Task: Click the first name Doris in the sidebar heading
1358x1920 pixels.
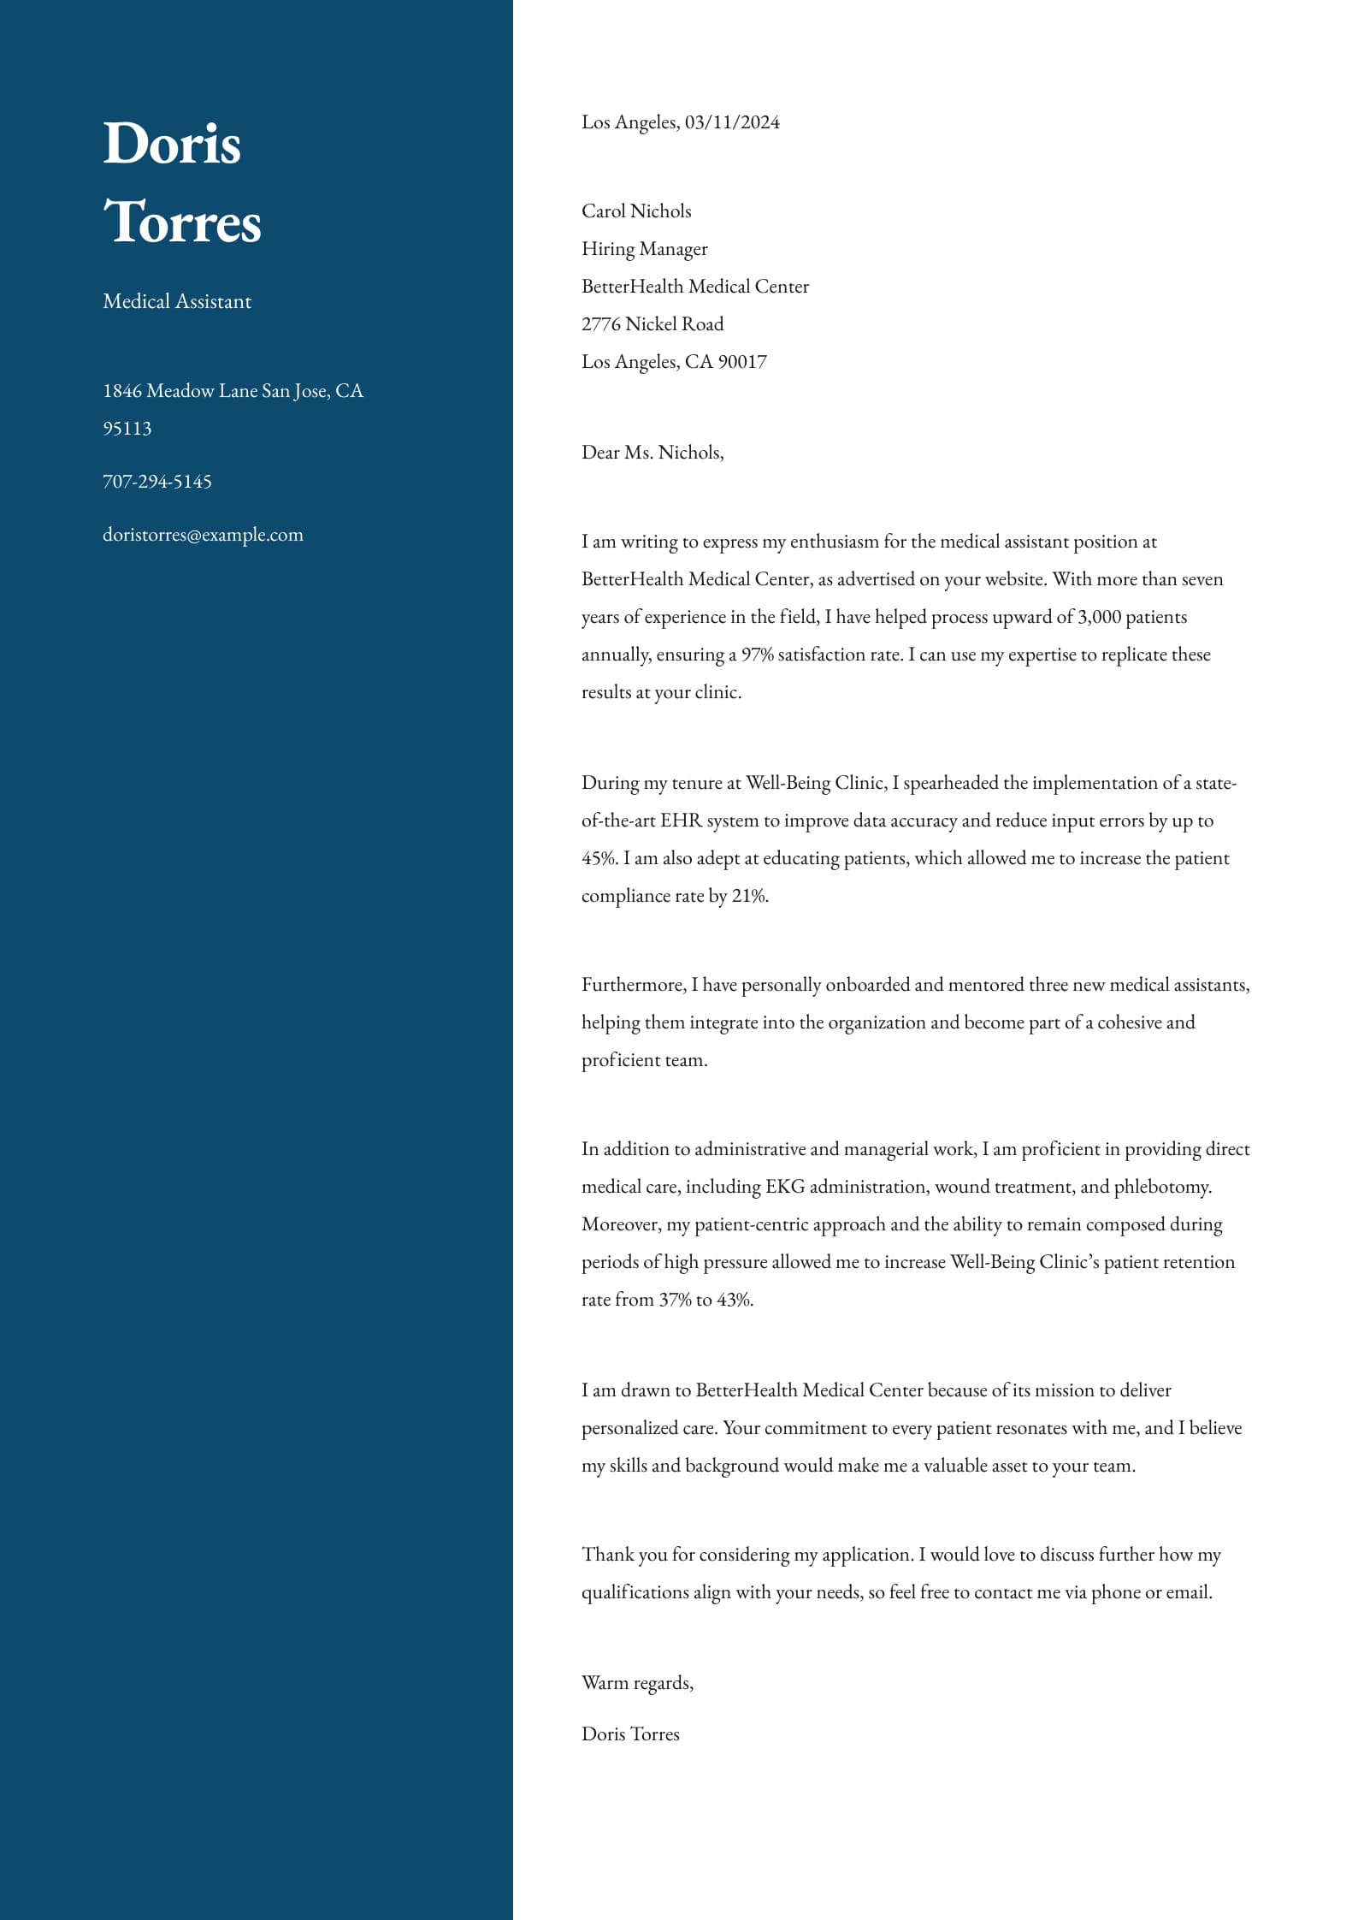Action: coord(172,143)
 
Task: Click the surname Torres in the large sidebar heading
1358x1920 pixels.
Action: coord(182,222)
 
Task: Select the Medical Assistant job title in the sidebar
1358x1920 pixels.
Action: coord(177,301)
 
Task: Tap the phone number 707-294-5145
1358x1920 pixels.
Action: coord(157,482)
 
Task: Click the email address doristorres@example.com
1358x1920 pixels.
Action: coord(203,535)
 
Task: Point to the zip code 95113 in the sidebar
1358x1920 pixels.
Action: coord(127,429)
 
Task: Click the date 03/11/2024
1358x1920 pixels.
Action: coord(732,122)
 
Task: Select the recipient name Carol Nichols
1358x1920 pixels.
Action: coord(636,211)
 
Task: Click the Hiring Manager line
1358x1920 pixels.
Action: coord(645,249)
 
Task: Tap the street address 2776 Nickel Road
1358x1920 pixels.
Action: coord(652,324)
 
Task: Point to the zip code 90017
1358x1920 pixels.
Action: coord(742,362)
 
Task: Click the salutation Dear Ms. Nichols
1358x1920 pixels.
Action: coord(652,453)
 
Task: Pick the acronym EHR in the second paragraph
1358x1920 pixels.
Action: coord(681,821)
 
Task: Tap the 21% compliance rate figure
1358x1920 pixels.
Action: coord(749,896)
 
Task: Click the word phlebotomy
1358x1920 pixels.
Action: coord(1162,1187)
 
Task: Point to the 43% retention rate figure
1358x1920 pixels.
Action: coord(734,1300)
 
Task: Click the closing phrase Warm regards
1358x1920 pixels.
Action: coord(637,1683)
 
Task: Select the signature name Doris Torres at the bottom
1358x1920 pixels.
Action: coord(630,1734)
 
